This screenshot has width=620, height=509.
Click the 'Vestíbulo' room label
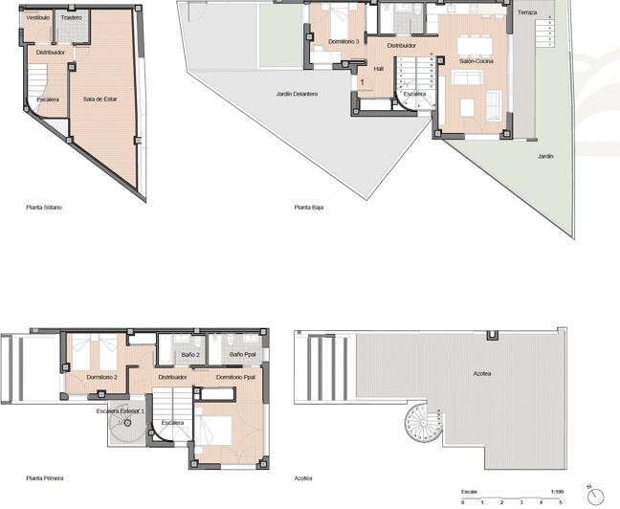click(x=38, y=17)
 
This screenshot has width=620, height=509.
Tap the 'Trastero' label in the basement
click(x=71, y=17)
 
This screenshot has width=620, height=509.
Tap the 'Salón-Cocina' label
click(x=476, y=60)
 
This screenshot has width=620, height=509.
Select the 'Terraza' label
click(x=527, y=12)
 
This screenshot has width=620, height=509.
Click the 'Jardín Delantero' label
click(x=297, y=94)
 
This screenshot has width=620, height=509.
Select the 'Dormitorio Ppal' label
click(x=235, y=377)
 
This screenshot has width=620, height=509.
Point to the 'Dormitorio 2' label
click(x=101, y=377)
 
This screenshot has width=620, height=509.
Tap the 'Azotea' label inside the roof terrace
click(x=484, y=373)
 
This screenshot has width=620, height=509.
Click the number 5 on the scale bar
click(x=561, y=501)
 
